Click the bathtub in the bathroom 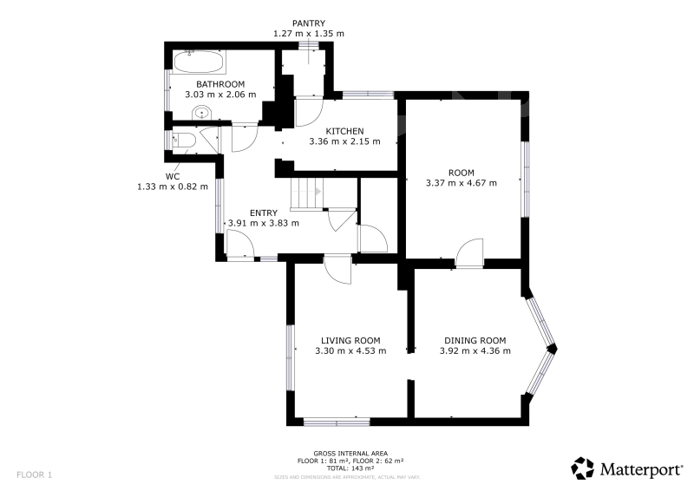(x=198, y=62)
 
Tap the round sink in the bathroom (x=202, y=113)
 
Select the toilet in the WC (x=184, y=141)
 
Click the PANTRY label (x=309, y=23)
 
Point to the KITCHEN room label (x=344, y=131)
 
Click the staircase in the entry (x=307, y=193)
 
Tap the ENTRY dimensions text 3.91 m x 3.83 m (x=264, y=223)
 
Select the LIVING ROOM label (x=350, y=340)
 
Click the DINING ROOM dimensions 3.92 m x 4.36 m (x=475, y=351)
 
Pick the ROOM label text (x=462, y=173)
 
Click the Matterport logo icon (x=582, y=468)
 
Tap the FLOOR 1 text (x=34, y=475)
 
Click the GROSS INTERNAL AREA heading (x=350, y=454)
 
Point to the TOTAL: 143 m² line (x=350, y=468)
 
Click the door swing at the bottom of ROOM (x=469, y=253)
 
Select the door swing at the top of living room (x=337, y=270)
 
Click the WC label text (x=173, y=176)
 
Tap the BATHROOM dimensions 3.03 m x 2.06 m (x=220, y=95)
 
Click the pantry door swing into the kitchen (x=310, y=113)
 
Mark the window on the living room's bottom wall (x=337, y=422)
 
